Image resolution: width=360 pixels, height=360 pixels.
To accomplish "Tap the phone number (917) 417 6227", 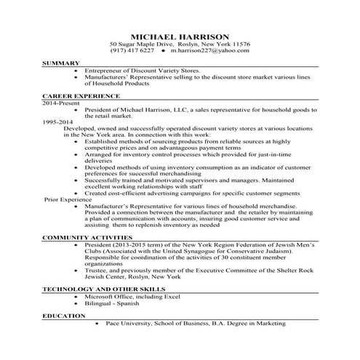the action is pyautogui.click(x=132, y=52).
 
